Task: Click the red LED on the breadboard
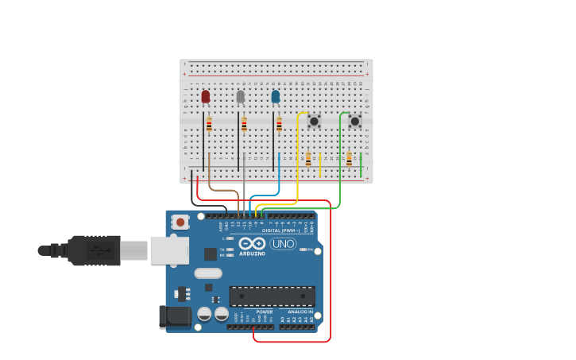click(x=206, y=96)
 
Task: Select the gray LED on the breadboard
click(x=241, y=96)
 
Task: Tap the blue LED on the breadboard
click(x=276, y=96)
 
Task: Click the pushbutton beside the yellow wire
click(x=314, y=121)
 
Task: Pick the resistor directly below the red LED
click(x=209, y=123)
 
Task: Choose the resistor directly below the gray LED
click(x=244, y=123)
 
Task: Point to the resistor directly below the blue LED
click(x=279, y=123)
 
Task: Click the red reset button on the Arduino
click(x=181, y=223)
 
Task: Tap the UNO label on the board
click(x=283, y=243)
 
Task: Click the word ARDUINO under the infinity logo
click(x=252, y=254)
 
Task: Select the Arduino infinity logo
click(x=252, y=243)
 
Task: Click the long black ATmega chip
click(x=272, y=296)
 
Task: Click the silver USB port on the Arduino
click(x=169, y=250)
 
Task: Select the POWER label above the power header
click(x=264, y=312)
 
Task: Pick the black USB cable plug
click(x=94, y=250)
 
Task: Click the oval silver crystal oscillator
click(x=208, y=273)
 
